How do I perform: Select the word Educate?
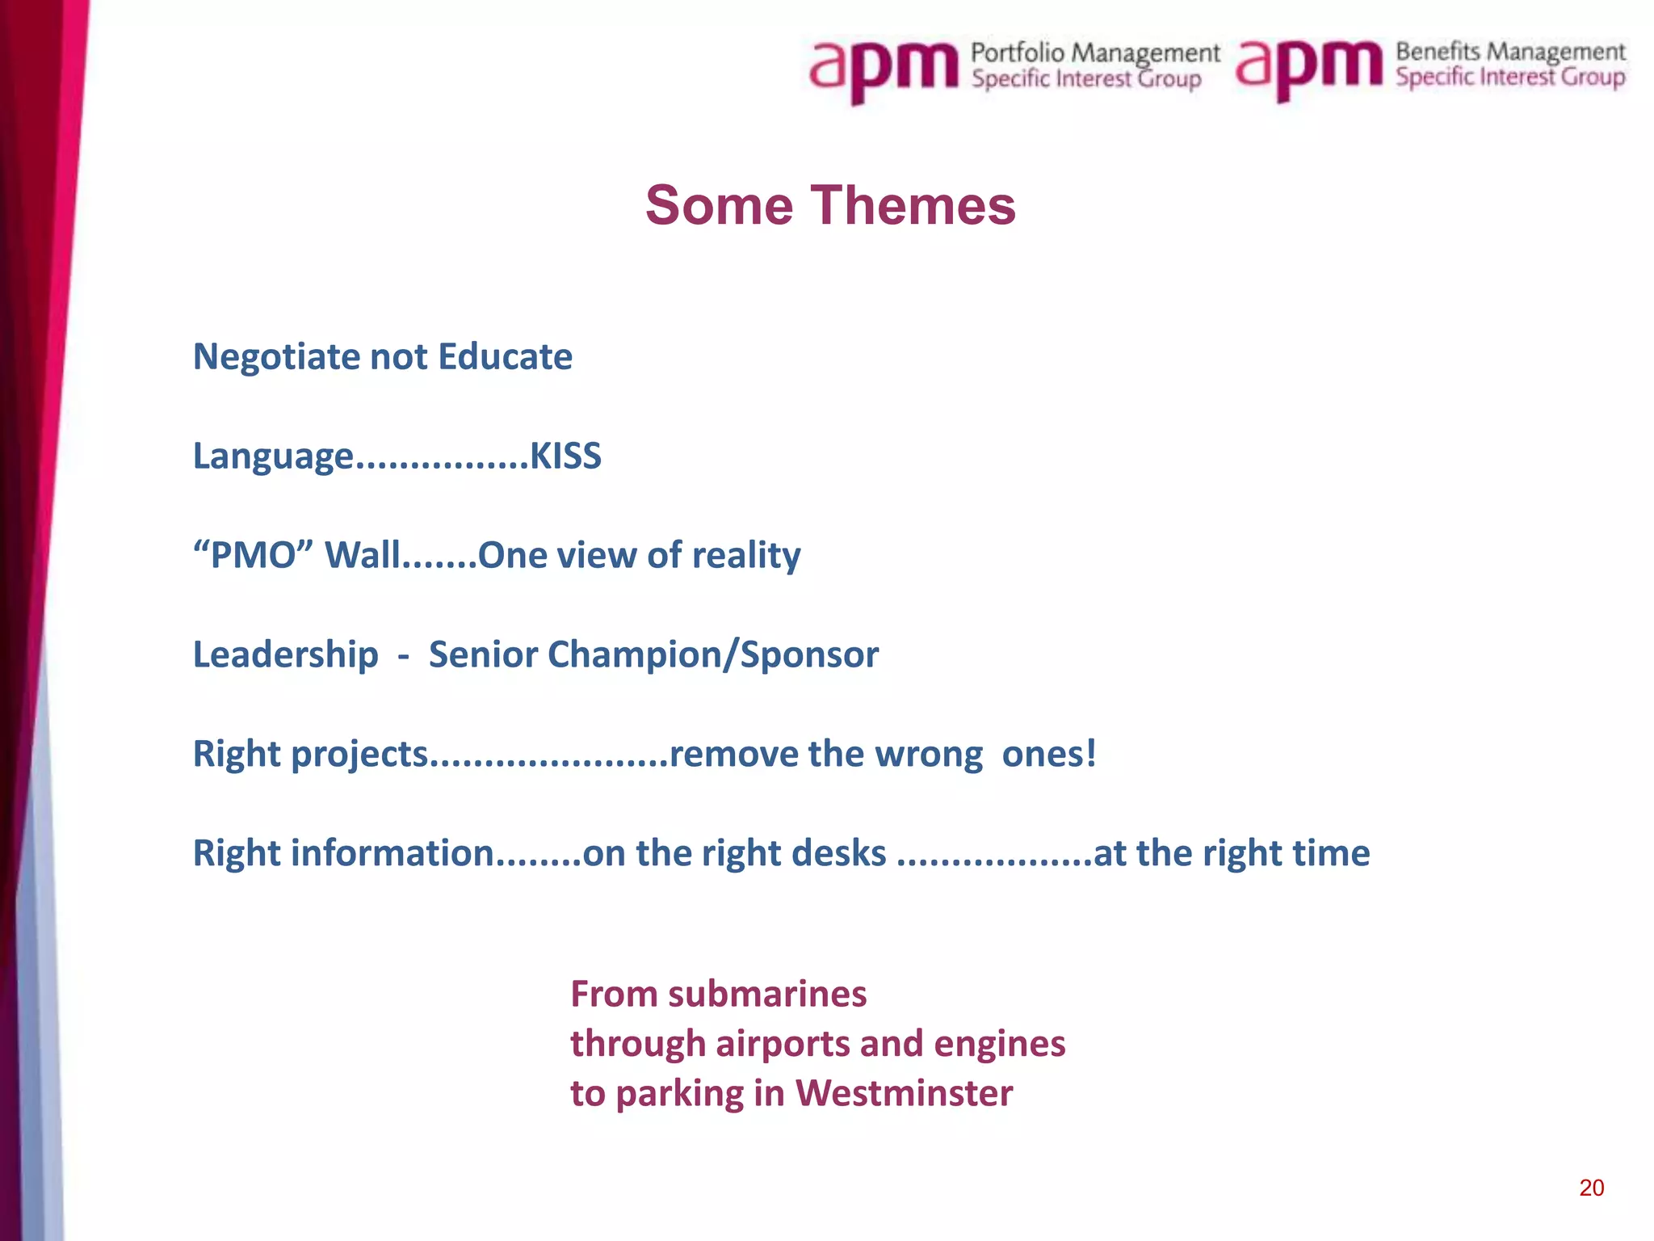click(x=506, y=357)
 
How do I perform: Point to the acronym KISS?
click(x=565, y=456)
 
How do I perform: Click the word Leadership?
click(x=285, y=654)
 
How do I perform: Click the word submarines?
click(x=767, y=994)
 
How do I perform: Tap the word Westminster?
click(x=904, y=1093)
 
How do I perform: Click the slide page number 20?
click(x=1591, y=1188)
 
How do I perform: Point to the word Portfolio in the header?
click(x=1018, y=53)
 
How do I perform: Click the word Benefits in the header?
click(x=1438, y=52)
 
